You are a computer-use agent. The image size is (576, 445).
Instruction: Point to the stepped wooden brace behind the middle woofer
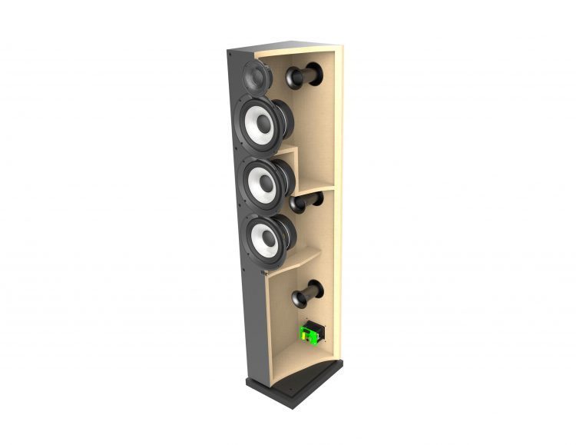290,158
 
